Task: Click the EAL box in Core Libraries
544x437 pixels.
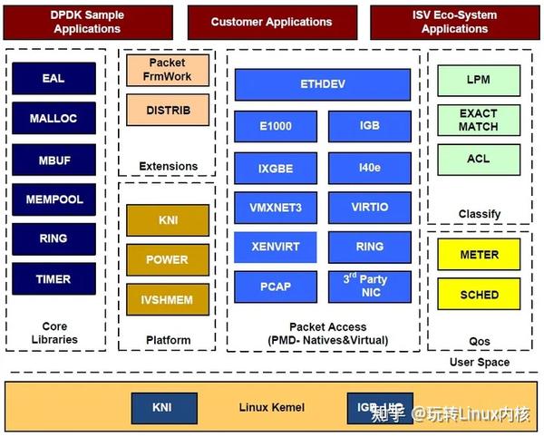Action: (53, 78)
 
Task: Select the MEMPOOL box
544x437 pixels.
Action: (53, 199)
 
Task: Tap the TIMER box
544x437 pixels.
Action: (53, 278)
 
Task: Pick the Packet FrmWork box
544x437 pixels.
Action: (168, 71)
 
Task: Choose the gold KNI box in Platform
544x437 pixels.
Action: (168, 219)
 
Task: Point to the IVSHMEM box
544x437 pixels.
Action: (168, 298)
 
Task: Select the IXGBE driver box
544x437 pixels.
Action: (276, 168)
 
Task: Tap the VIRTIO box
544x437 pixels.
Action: (369, 207)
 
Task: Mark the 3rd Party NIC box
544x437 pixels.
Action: (369, 286)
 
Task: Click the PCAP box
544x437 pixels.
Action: (276, 286)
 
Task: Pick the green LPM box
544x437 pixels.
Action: (478, 80)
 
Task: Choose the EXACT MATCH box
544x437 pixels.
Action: (478, 120)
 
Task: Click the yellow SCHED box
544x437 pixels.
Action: (478, 295)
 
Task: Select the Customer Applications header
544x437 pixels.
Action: (271, 22)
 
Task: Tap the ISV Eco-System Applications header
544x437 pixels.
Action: (454, 22)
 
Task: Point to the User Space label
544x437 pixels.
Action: (480, 362)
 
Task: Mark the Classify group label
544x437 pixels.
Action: (480, 214)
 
